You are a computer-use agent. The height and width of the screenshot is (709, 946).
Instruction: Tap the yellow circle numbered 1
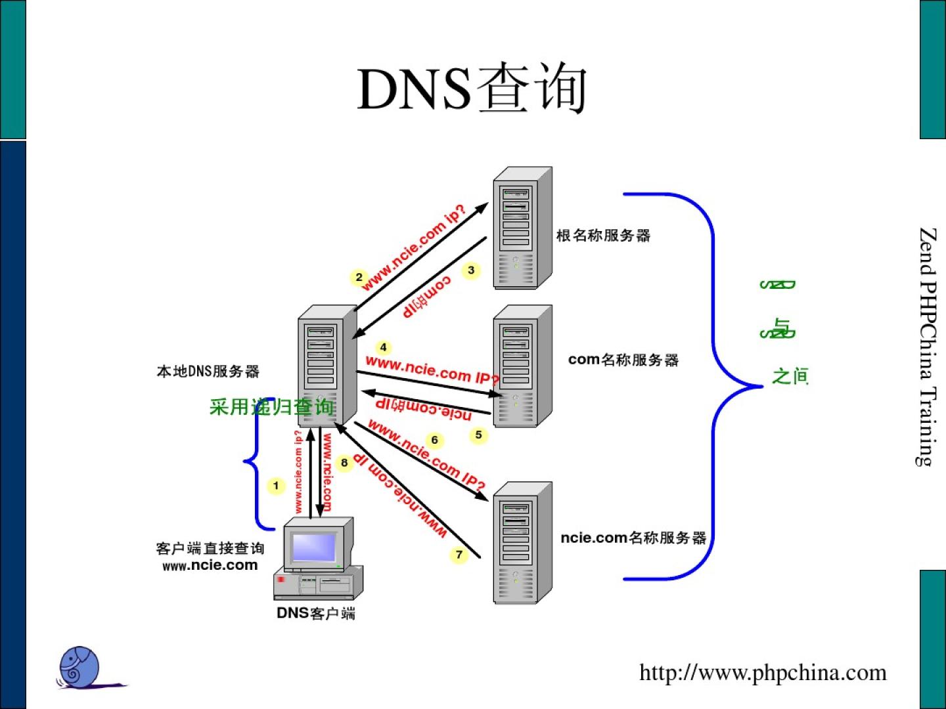pos(276,486)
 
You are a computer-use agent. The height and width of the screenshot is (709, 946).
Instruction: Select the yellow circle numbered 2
pos(359,278)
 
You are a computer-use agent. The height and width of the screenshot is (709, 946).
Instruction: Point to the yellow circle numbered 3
pos(471,270)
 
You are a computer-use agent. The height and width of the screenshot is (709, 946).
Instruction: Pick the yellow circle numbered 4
pos(383,347)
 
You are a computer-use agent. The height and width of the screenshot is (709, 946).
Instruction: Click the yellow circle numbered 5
pos(478,435)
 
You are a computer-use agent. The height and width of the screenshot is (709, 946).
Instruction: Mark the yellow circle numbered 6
pos(434,440)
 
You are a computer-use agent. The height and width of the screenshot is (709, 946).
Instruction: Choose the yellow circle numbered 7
pos(459,555)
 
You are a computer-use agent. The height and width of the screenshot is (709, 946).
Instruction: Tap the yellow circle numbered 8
pos(344,463)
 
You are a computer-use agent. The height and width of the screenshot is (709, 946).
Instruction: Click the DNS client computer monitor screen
pos(313,547)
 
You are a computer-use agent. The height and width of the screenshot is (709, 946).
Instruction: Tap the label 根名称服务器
pos(603,236)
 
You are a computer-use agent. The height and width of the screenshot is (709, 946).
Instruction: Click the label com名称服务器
pos(623,360)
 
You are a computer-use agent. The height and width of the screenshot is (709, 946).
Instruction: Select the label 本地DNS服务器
pos(208,372)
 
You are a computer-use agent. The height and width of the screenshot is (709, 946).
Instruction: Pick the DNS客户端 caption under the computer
pos(316,613)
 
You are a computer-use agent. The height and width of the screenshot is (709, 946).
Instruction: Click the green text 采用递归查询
pos(271,407)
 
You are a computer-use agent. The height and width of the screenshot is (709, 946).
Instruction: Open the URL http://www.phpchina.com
pos(763,673)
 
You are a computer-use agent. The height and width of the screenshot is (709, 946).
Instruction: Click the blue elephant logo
pos(79,667)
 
